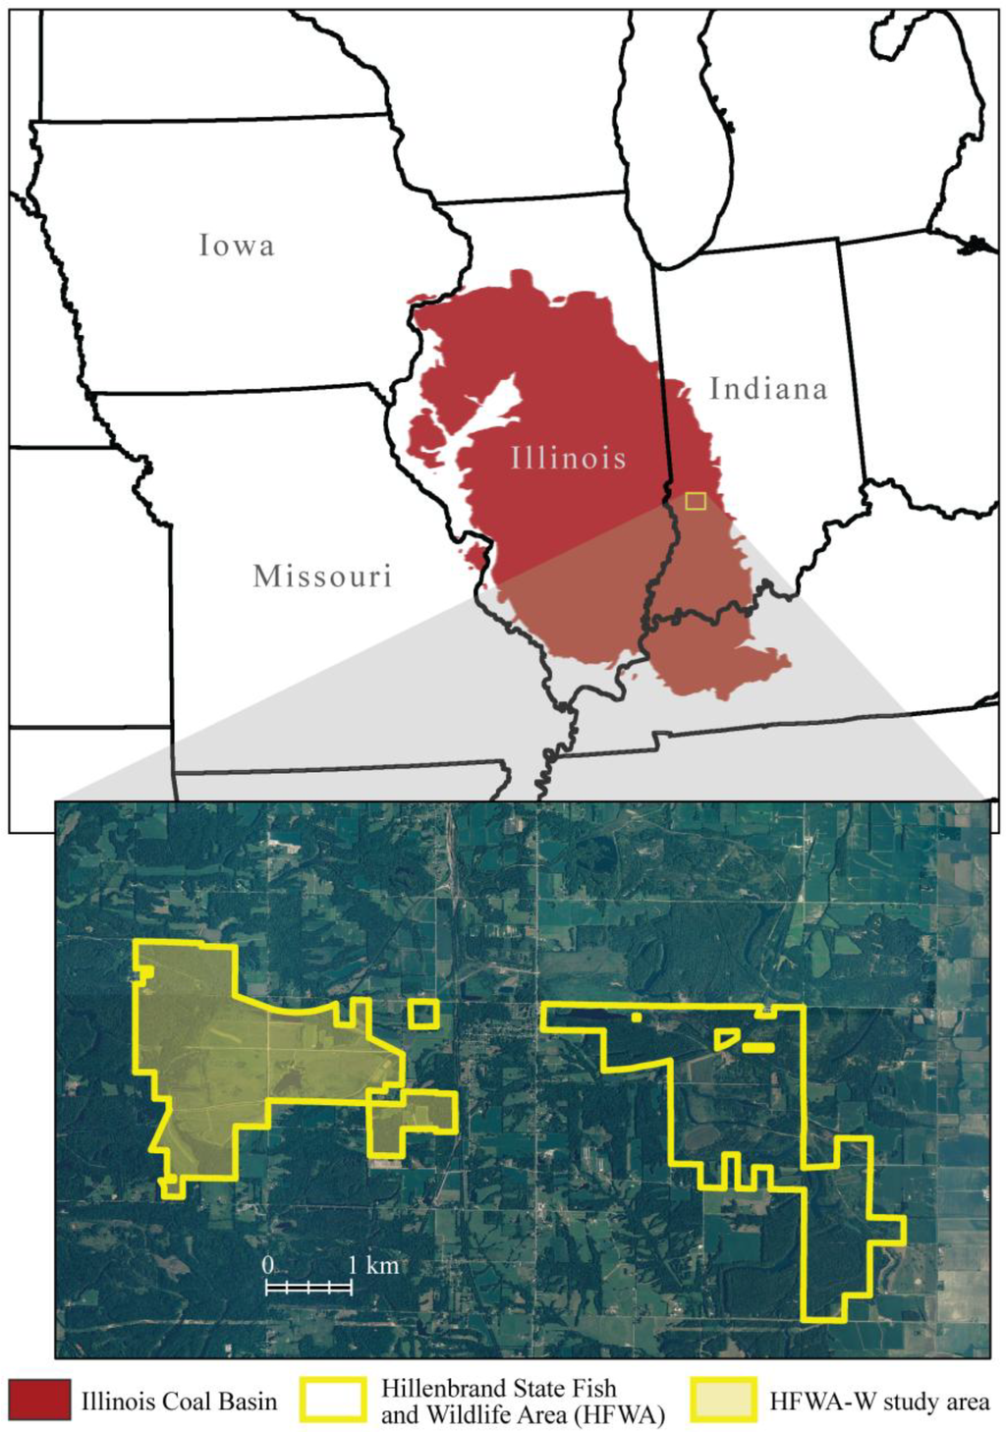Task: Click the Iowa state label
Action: (x=236, y=245)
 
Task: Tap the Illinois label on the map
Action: (x=568, y=458)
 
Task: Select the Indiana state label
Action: (x=768, y=389)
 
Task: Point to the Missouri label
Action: (x=322, y=576)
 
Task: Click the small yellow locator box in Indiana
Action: (x=696, y=501)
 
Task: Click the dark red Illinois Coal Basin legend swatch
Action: (x=39, y=1401)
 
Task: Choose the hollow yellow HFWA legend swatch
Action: (x=334, y=1401)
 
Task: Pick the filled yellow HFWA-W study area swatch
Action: (x=724, y=1401)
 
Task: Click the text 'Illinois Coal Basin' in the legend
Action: (x=179, y=1402)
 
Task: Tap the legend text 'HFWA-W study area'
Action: (x=879, y=1402)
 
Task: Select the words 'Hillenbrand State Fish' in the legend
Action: (x=499, y=1388)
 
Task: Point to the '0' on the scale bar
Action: (x=267, y=1265)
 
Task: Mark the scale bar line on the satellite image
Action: (x=308, y=1286)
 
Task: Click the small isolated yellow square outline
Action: (x=423, y=1014)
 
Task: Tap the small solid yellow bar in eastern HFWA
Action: (x=758, y=1048)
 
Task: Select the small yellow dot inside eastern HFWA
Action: (x=637, y=1018)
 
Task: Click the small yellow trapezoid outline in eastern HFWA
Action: (x=727, y=1038)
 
